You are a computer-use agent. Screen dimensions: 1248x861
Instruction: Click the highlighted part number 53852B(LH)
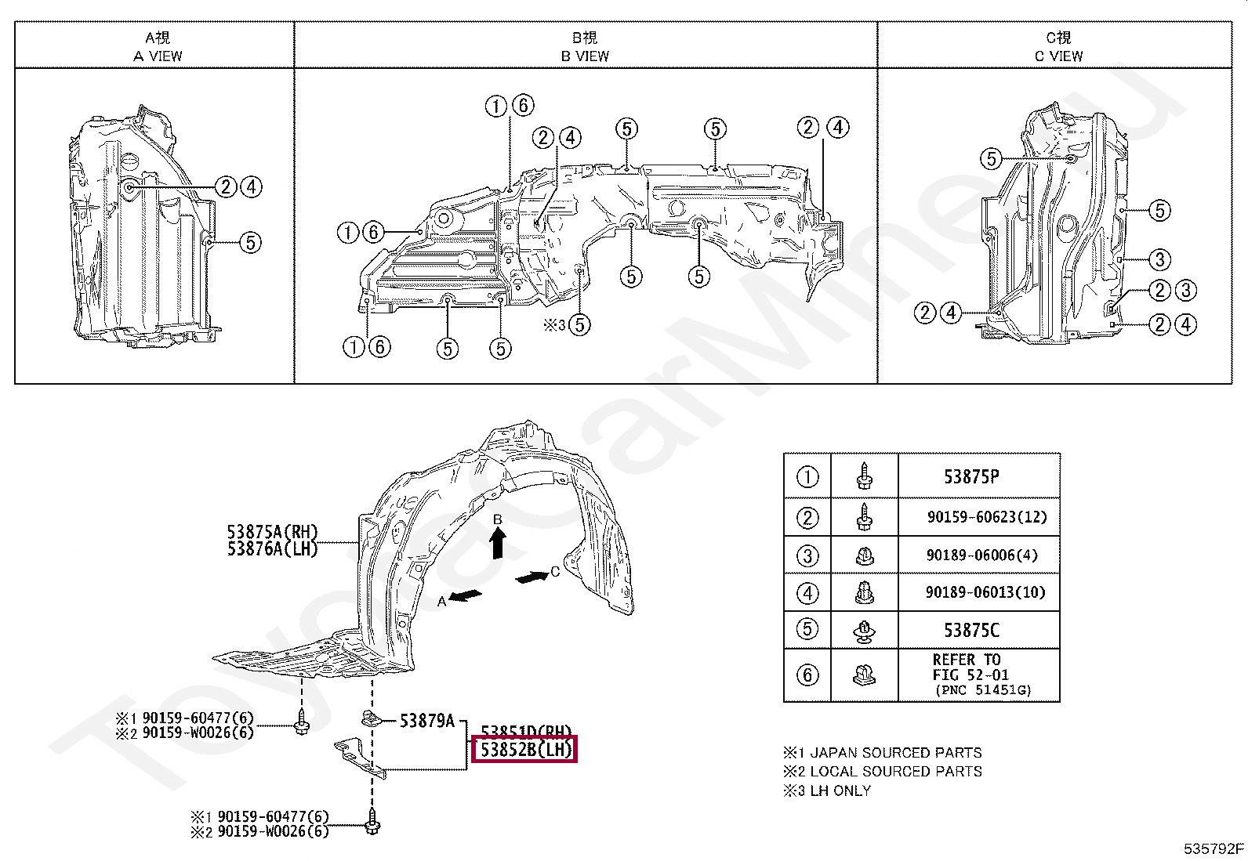point(525,750)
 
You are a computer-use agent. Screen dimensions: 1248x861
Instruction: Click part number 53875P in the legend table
point(971,477)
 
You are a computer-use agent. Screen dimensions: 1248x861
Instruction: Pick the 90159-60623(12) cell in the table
point(986,517)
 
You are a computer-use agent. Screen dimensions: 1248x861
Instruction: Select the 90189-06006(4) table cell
point(981,555)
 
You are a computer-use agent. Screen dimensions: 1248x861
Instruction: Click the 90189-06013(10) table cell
point(985,592)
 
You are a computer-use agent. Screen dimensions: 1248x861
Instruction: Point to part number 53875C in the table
point(971,631)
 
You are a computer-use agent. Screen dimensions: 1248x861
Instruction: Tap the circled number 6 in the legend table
point(807,675)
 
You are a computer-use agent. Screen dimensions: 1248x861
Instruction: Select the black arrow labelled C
point(532,577)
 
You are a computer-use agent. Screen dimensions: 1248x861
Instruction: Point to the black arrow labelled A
point(466,596)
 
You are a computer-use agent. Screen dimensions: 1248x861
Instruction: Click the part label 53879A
point(426,721)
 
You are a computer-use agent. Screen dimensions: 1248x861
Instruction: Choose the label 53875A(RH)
point(272,533)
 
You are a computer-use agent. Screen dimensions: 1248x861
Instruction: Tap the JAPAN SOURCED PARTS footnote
point(895,753)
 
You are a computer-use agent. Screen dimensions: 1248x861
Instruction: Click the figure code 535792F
point(1213,848)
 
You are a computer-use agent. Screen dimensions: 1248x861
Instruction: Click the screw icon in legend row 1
point(864,476)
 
